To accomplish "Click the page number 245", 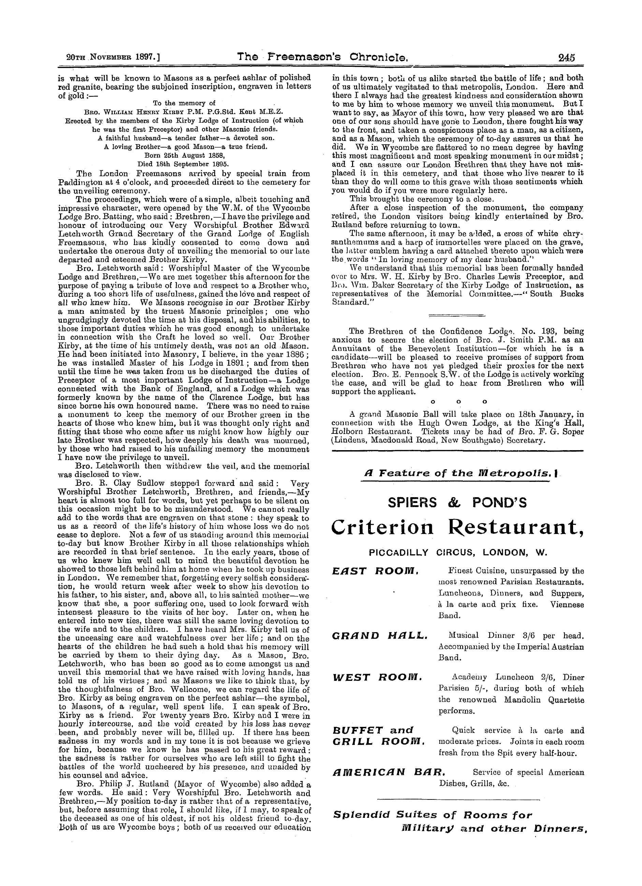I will tap(567, 58).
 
